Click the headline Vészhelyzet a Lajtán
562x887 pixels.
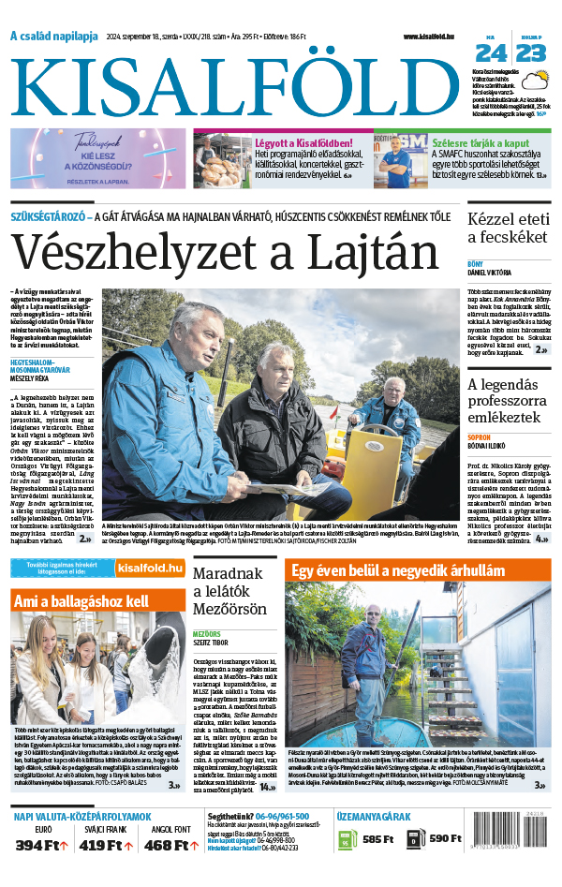pyautogui.click(x=226, y=252)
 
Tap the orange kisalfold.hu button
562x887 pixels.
pyautogui.click(x=150, y=568)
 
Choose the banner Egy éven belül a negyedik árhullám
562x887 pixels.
pyautogui.click(x=397, y=570)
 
